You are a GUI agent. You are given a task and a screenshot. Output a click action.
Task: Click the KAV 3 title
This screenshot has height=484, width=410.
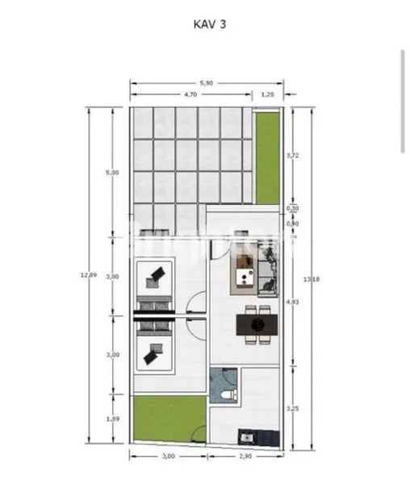209,24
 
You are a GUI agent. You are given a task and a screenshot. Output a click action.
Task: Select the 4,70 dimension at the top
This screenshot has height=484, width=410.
190,94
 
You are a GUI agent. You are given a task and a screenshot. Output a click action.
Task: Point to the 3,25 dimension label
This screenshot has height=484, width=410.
293,408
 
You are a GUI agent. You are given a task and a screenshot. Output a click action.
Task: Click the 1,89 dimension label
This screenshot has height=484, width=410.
113,418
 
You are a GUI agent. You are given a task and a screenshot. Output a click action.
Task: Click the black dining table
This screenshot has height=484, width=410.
257,325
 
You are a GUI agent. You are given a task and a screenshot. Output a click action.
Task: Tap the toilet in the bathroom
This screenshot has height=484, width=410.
227,394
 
